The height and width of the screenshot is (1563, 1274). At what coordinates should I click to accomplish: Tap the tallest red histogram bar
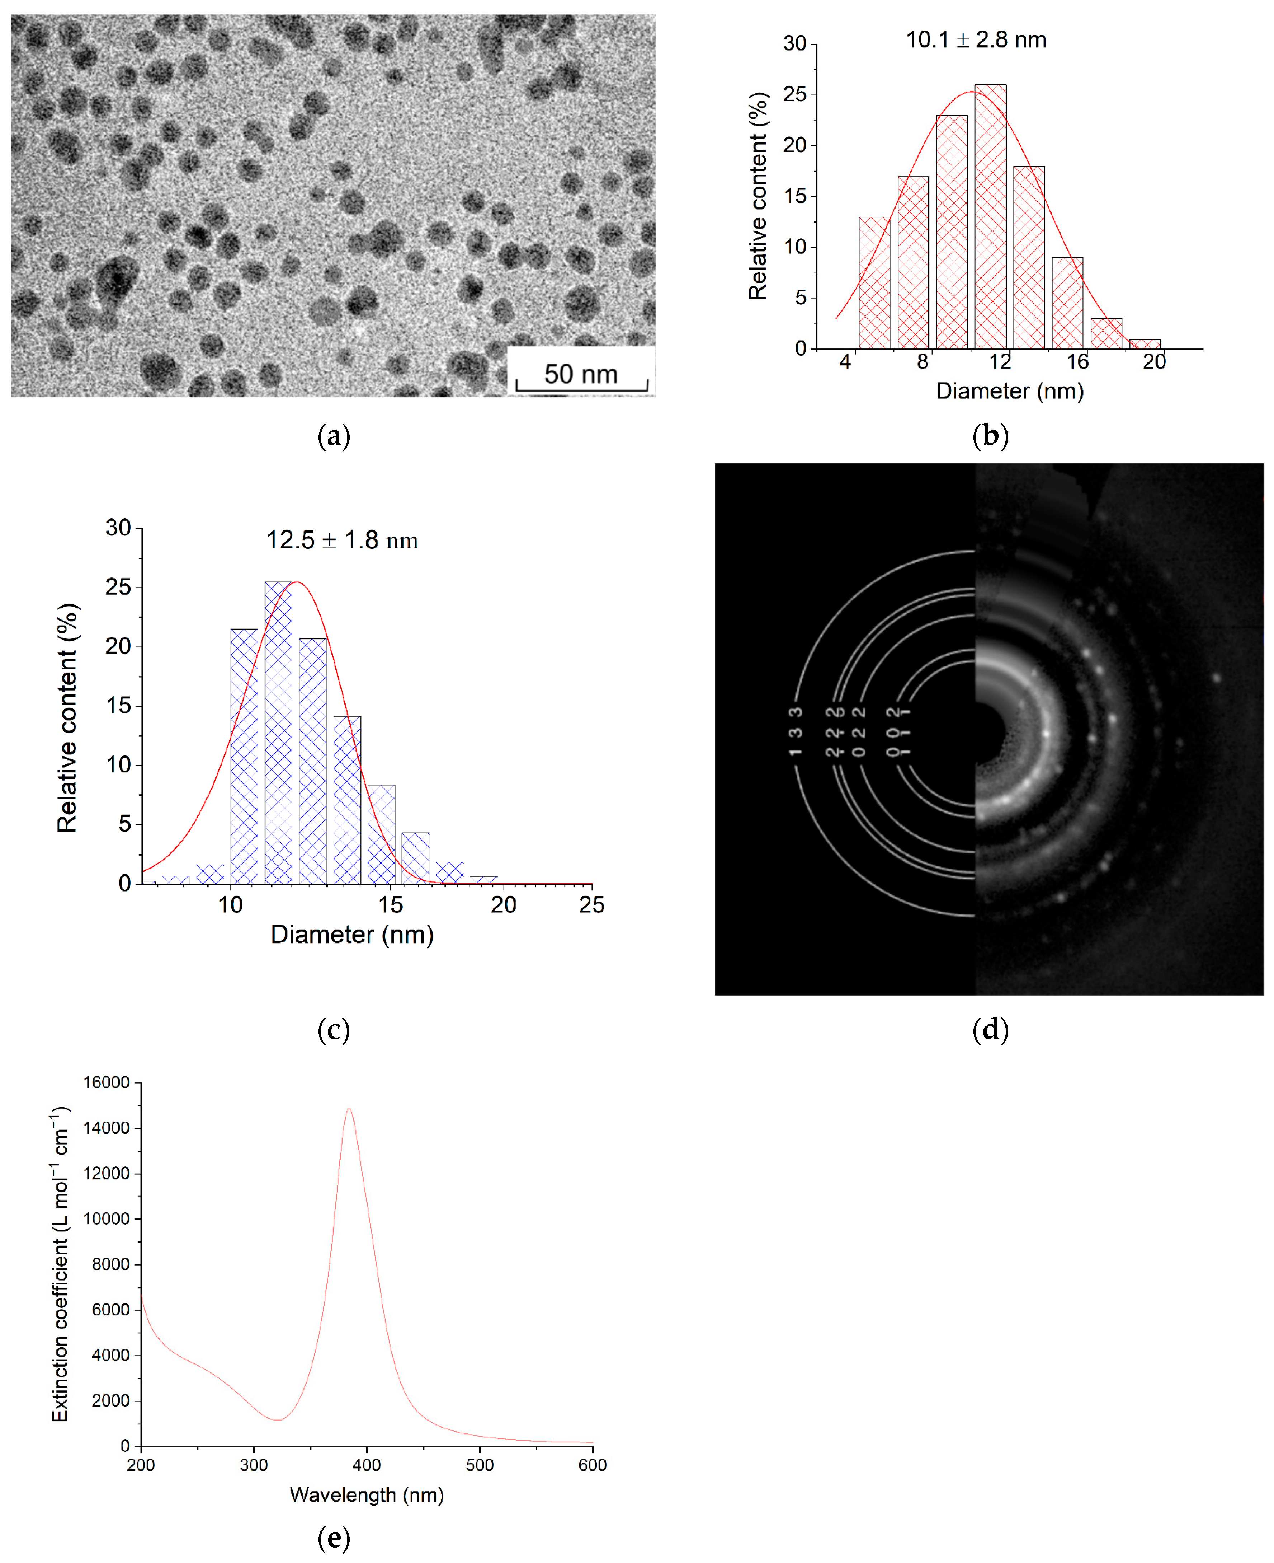990,216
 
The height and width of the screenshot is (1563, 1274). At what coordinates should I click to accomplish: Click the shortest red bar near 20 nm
1144,343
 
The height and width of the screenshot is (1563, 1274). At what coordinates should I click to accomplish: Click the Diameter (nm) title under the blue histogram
352,935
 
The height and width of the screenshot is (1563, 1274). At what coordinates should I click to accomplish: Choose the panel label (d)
990,1029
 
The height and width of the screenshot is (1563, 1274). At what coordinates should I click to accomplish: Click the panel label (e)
333,1537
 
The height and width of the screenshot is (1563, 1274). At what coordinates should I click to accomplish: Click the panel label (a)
333,436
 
